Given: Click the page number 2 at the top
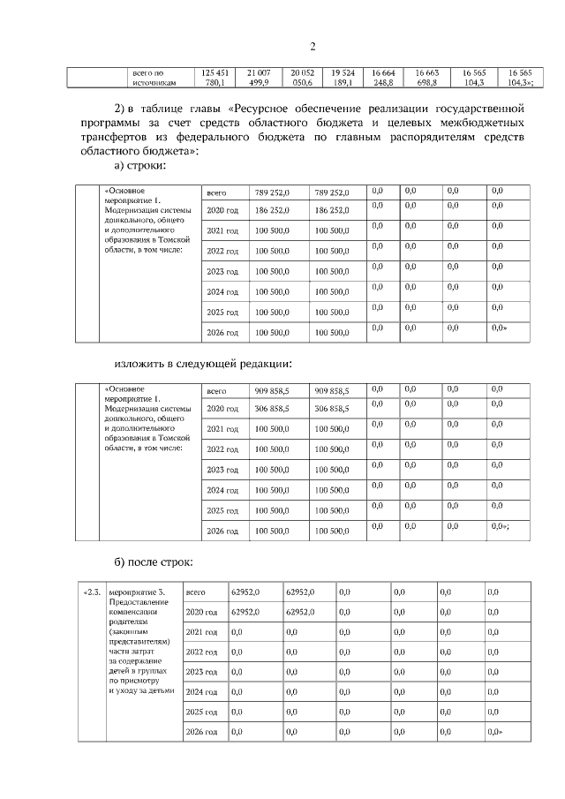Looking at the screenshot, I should coord(313,47).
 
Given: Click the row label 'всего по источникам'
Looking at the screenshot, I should coord(154,77).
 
